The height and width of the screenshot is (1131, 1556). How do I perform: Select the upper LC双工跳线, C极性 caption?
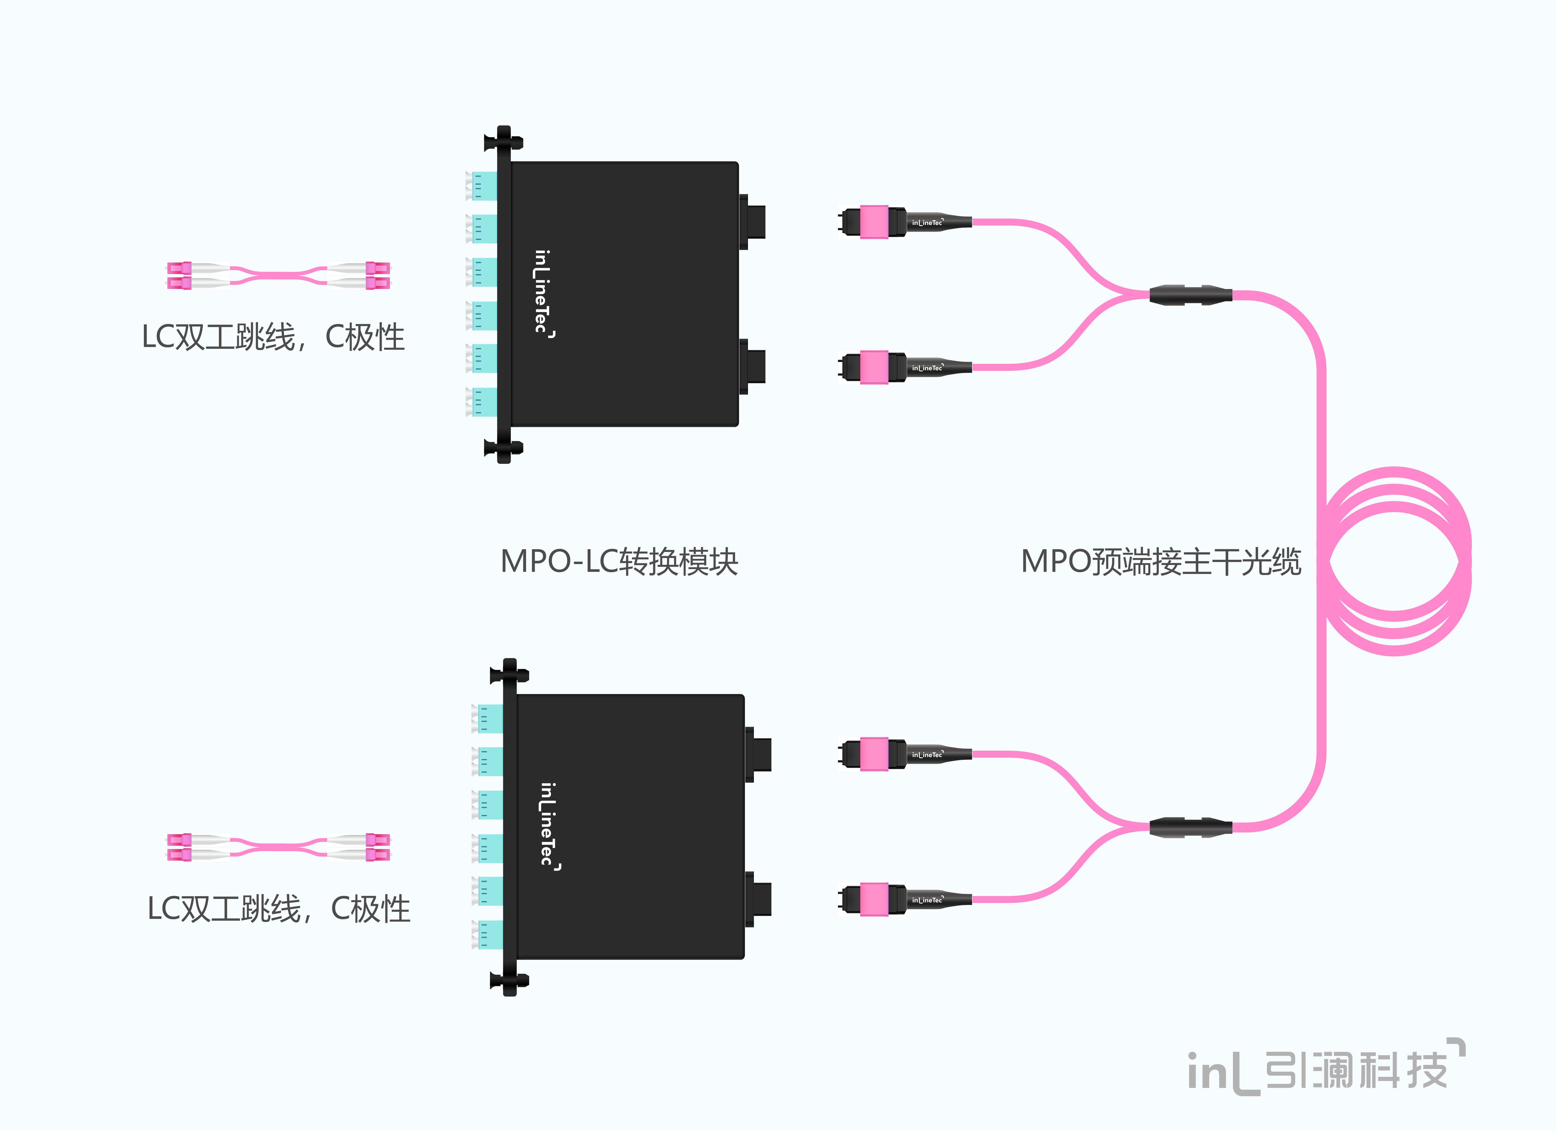click(273, 337)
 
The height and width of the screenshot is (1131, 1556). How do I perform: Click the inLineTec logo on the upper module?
click(543, 294)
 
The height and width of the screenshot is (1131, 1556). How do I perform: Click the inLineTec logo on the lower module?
click(549, 826)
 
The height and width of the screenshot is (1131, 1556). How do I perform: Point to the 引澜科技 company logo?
click(1326, 1067)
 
